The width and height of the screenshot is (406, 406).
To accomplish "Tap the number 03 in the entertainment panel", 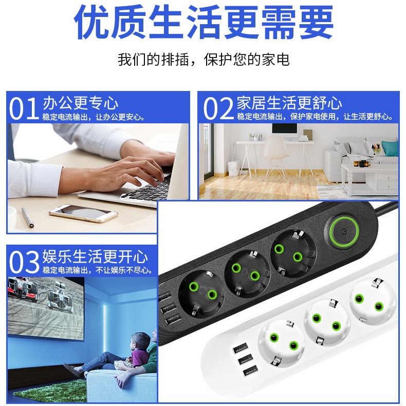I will coord(25,262).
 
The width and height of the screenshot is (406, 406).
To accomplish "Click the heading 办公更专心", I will coord(80,103).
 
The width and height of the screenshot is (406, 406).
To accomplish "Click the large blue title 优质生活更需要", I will coord(203,23).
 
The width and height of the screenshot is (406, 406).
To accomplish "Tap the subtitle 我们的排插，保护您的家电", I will coord(203,59).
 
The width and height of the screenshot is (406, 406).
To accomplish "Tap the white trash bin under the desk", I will coord(233,168).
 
